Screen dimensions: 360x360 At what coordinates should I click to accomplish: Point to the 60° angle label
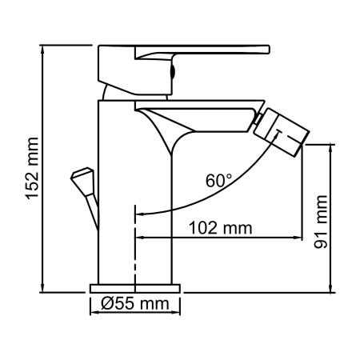tap(219, 181)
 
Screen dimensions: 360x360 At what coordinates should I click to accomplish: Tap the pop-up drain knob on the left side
tap(83, 177)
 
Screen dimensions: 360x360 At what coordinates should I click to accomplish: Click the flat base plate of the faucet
tap(135, 286)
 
